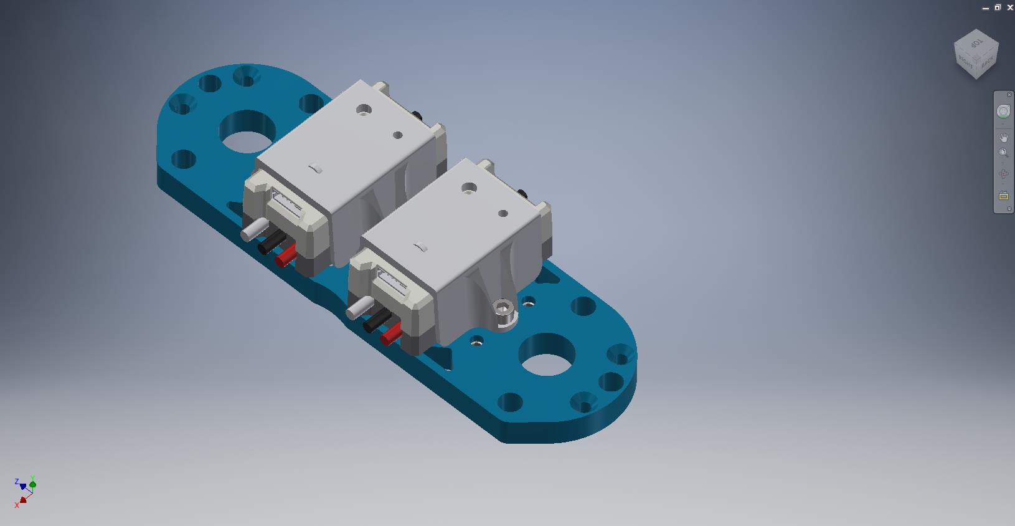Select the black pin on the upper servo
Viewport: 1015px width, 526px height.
point(272,242)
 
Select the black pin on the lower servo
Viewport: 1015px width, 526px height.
point(377,320)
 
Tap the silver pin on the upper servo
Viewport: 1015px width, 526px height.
point(255,229)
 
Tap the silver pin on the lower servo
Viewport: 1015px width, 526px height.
point(360,307)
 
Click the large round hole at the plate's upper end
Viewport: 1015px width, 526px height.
point(247,131)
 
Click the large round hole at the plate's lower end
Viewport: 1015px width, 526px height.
point(547,355)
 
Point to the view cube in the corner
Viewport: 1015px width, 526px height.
point(976,54)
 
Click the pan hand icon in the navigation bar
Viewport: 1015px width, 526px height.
point(1003,137)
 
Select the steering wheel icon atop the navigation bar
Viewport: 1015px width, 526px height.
point(1003,112)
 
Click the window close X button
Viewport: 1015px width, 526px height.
point(1010,7)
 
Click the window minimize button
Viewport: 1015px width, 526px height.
point(986,8)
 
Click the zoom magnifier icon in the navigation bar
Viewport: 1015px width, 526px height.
point(1003,153)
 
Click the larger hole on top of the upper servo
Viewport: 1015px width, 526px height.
point(364,110)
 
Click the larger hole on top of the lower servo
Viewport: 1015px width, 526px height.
point(469,188)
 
